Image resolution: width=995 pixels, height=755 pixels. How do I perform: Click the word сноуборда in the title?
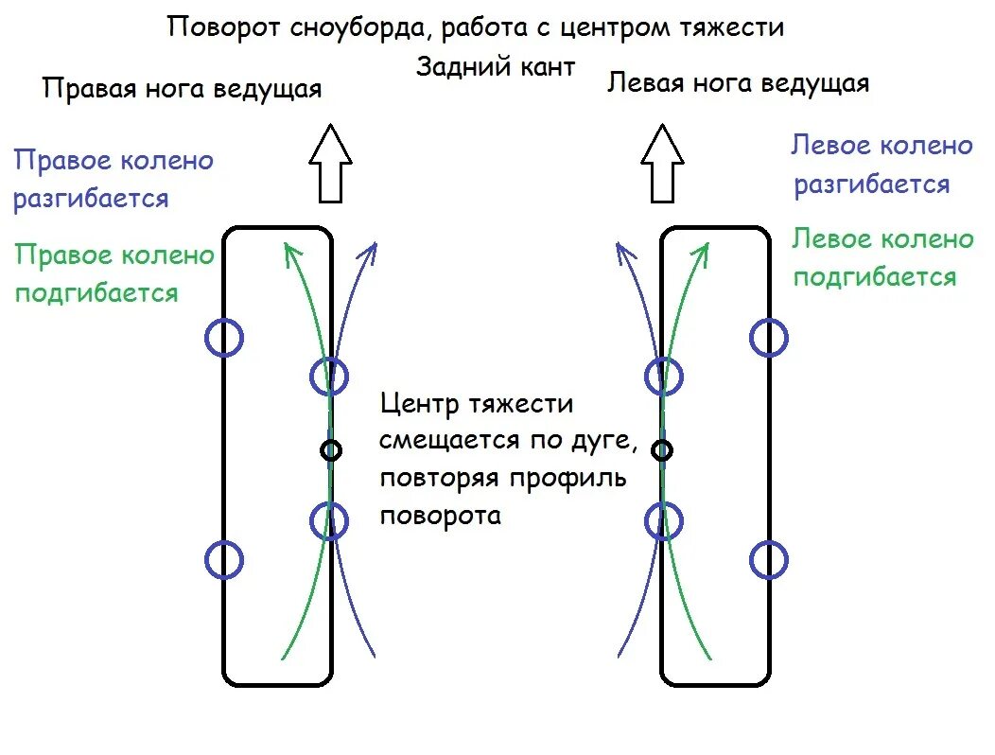pos(351,27)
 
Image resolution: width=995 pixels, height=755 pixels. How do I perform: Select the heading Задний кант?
pos(496,67)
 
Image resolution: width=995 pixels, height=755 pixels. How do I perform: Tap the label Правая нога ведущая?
pos(183,89)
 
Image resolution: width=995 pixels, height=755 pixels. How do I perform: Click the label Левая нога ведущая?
pos(738,83)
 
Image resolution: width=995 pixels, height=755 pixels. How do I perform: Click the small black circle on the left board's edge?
pos(330,450)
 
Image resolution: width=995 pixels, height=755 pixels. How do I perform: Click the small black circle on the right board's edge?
pos(663,450)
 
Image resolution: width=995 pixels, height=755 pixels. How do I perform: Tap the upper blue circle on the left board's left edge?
pos(224,338)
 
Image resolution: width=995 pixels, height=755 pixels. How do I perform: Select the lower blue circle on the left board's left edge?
pos(224,560)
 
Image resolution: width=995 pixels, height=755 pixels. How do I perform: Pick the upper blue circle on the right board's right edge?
pos(769,338)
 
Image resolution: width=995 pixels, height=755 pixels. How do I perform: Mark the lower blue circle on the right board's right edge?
pos(769,560)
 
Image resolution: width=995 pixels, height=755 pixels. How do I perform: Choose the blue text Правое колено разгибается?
pos(113,180)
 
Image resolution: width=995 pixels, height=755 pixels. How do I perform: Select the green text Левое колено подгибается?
pos(882,257)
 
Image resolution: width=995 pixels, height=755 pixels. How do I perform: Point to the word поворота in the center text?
pos(440,516)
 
